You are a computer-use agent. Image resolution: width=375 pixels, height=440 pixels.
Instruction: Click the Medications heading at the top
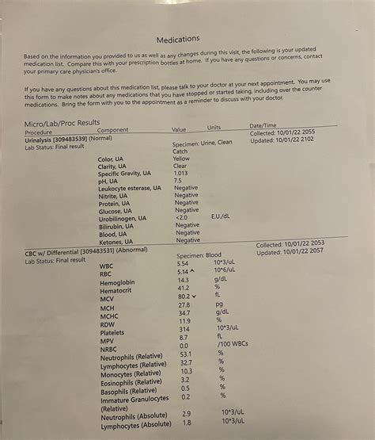tap(178, 39)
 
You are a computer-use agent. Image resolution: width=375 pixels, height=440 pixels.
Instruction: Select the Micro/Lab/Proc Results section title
tap(62, 123)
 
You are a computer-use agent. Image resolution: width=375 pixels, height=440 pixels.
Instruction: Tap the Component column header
tap(112, 130)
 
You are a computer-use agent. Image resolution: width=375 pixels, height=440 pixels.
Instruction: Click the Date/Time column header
tap(263, 125)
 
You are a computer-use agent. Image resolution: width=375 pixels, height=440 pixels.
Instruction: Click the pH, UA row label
tap(111, 182)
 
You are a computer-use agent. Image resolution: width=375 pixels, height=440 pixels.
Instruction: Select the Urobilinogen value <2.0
tap(181, 216)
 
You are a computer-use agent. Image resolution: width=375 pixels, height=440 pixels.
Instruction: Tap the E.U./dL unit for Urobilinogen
tap(221, 216)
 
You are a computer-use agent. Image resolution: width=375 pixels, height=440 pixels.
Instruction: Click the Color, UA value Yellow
tap(181, 158)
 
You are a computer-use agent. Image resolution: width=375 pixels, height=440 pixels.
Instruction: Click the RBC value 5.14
tap(184, 272)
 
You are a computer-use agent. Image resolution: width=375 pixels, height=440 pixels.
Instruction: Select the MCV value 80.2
tap(184, 297)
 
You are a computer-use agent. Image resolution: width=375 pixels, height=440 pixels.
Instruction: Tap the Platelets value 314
tap(184, 328)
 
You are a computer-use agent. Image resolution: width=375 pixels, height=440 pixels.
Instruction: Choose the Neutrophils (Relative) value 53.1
tap(186, 354)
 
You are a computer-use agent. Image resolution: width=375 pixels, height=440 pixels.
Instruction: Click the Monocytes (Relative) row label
tap(131, 373)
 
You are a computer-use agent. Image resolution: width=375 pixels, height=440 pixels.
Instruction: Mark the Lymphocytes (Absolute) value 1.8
tap(186, 423)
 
